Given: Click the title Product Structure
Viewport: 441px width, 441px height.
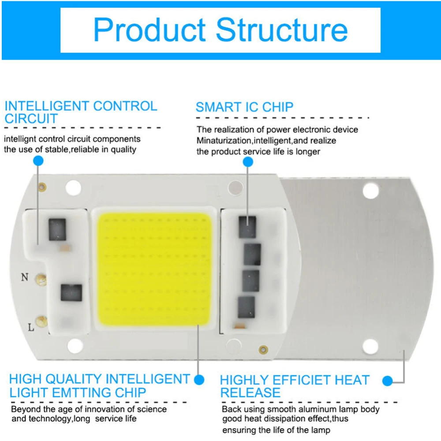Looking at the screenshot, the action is click(x=220, y=30).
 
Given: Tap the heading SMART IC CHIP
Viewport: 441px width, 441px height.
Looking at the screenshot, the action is click(x=244, y=107).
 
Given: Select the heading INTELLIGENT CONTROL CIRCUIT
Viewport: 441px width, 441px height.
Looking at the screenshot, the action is click(x=80, y=112).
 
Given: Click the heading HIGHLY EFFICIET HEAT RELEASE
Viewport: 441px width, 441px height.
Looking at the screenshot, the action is click(x=294, y=386).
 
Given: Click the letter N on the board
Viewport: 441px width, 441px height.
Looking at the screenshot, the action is click(x=25, y=277).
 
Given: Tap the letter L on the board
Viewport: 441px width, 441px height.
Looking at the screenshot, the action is click(x=31, y=327).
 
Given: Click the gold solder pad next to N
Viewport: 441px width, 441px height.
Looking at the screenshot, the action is click(x=42, y=278).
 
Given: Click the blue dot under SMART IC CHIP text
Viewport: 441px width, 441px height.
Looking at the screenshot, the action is click(x=248, y=162).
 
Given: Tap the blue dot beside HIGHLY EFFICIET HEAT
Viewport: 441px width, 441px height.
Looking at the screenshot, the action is click(x=388, y=381).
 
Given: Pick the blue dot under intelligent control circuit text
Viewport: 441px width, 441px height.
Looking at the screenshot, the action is click(x=38, y=161).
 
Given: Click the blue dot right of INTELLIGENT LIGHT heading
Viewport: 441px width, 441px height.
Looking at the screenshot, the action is click(x=199, y=379).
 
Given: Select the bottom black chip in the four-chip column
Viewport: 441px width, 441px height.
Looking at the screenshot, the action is click(x=246, y=307).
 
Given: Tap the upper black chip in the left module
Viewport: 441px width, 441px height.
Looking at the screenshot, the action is click(x=57, y=230).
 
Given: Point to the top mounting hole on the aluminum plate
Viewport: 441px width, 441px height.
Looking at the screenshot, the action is click(x=370, y=190).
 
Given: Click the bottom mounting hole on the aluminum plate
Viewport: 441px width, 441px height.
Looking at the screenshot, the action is click(x=370, y=347).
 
